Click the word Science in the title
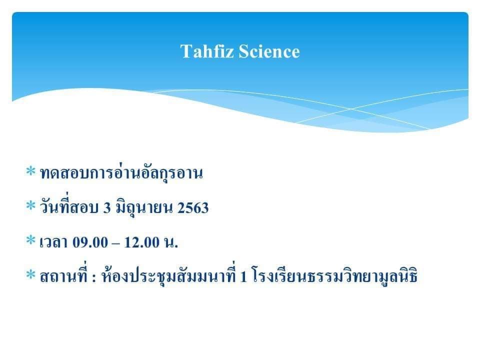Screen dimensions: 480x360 pyautogui.click(x=269, y=51)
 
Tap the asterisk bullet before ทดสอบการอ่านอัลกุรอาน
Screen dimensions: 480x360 pyautogui.click(x=30, y=171)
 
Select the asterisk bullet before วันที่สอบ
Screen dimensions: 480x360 pyautogui.click(x=30, y=205)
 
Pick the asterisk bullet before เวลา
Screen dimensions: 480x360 pyautogui.click(x=30, y=240)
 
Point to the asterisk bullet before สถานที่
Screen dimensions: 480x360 pyautogui.click(x=30, y=274)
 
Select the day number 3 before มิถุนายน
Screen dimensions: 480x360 pyautogui.click(x=107, y=208)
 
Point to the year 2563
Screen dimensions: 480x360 pyautogui.click(x=193, y=208)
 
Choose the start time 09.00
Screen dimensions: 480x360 pyautogui.click(x=90, y=242)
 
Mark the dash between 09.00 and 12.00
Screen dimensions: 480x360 pyautogui.click(x=116, y=243)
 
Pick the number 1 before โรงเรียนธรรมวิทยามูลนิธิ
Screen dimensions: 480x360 pyautogui.click(x=243, y=276)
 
